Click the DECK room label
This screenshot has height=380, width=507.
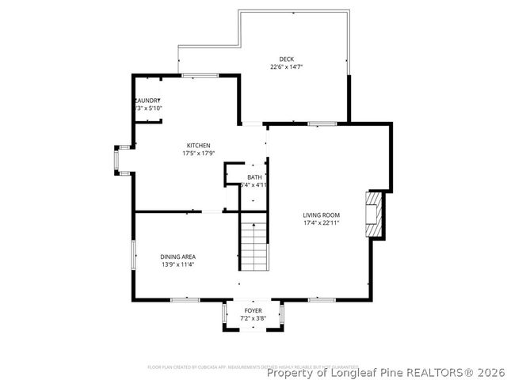point(286,59)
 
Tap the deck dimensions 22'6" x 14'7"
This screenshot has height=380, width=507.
point(286,67)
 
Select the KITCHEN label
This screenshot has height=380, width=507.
point(198,145)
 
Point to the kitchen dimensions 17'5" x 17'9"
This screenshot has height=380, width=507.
point(198,153)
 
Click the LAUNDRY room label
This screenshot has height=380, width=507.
point(148,101)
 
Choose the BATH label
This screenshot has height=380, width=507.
point(253,177)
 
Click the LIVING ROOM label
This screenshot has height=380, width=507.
point(321,215)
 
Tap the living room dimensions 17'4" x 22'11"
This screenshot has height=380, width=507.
point(321,223)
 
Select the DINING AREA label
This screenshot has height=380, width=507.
point(177,256)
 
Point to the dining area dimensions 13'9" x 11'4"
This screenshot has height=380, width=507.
point(177,264)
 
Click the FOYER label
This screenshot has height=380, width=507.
point(253,310)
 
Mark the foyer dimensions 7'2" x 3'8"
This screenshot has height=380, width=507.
point(253,318)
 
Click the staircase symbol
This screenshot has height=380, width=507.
point(253,245)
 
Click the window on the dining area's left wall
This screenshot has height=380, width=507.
point(132,257)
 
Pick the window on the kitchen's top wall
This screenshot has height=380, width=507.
point(200,75)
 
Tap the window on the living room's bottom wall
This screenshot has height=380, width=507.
point(321,300)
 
